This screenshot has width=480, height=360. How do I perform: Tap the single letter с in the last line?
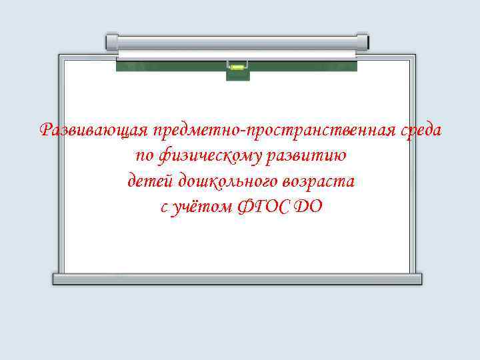point(164,207)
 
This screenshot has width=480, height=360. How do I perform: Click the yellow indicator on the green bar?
point(237,65)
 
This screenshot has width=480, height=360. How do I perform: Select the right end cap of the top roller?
point(363,42)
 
